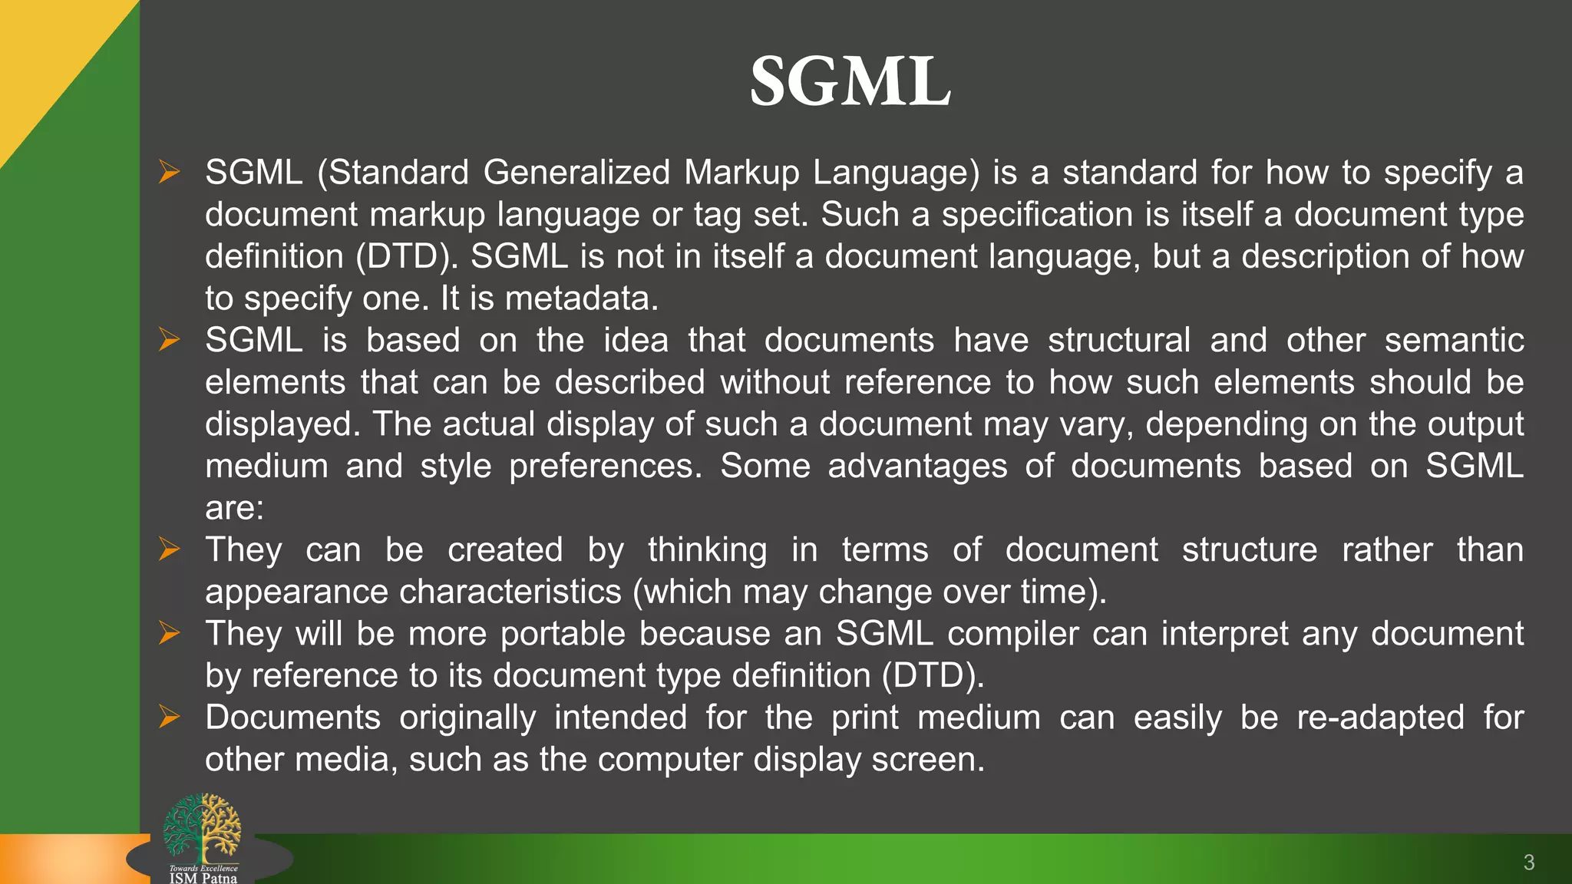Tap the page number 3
pyautogui.click(x=1528, y=863)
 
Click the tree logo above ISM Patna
pyautogui.click(x=202, y=827)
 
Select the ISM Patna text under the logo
pyautogui.click(x=203, y=878)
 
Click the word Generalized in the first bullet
pyautogui.click(x=576, y=173)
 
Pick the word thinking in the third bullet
pyautogui.click(x=707, y=550)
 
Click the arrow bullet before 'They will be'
pyautogui.click(x=168, y=633)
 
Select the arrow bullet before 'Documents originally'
pyautogui.click(x=168, y=717)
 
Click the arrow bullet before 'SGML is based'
pyautogui.click(x=168, y=339)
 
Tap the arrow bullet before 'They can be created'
pyautogui.click(x=168, y=549)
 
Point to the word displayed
pyautogui.click(x=282, y=424)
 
